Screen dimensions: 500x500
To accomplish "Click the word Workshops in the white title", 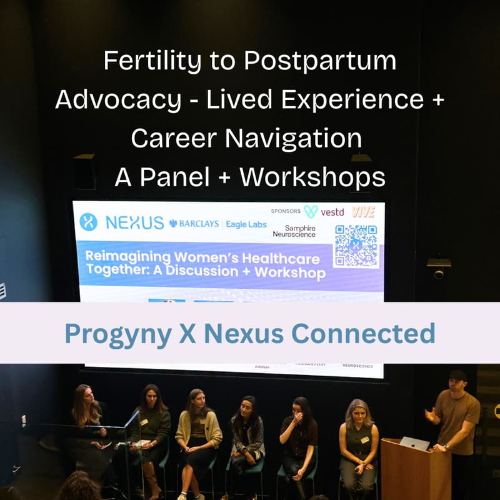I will [x=312, y=177].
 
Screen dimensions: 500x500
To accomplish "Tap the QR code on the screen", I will [x=356, y=246].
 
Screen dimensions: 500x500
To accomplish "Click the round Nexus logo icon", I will [x=88, y=222].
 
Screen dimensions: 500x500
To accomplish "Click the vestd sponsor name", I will [x=332, y=212].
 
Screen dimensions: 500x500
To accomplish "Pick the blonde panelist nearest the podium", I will [x=358, y=437].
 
